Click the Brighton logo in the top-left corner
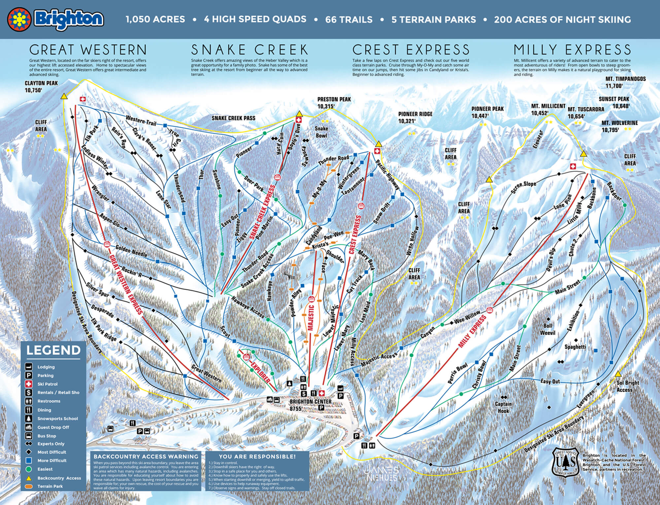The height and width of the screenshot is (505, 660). click(x=55, y=19)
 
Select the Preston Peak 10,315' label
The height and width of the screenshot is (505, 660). click(x=334, y=103)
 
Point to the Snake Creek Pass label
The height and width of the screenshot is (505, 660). click(x=233, y=118)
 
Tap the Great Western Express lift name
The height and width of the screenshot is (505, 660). click(x=126, y=285)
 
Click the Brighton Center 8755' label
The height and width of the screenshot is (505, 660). click(x=310, y=405)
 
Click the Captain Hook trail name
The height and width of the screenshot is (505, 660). click(x=503, y=407)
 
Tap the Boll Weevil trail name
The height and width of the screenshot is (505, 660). click(x=547, y=329)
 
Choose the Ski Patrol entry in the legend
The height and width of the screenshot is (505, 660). click(x=47, y=384)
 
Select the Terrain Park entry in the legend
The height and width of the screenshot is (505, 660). click(x=50, y=486)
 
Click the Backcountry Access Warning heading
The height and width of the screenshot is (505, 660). click(x=146, y=456)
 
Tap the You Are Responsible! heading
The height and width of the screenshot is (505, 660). click(x=257, y=456)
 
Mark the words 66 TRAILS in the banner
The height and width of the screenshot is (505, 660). click(x=349, y=19)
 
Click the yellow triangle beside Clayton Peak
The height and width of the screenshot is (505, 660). click(x=64, y=96)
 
